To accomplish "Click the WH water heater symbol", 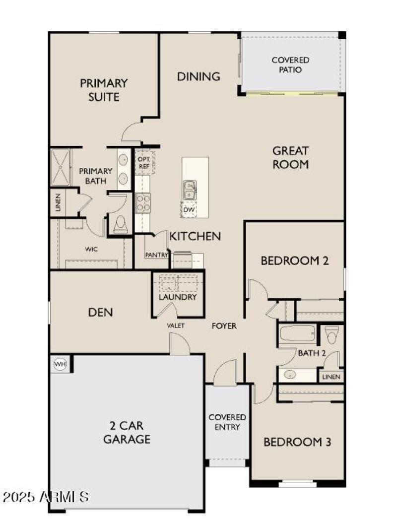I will [60, 364].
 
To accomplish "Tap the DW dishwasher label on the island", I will [189, 210].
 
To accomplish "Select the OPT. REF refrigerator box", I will [144, 162].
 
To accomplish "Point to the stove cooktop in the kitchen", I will [143, 202].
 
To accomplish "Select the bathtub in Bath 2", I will [297, 334].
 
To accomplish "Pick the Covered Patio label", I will [290, 65].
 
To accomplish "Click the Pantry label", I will [156, 255].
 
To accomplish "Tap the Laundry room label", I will [178, 297].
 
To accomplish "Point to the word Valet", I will [176, 326].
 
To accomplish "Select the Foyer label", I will [224, 326].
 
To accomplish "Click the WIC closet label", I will [91, 249].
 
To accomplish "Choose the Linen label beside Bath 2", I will [331, 377].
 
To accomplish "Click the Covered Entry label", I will [228, 422].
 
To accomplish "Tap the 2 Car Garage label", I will [131, 432].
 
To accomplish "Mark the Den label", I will [100, 312].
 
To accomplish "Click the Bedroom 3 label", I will [297, 442].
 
